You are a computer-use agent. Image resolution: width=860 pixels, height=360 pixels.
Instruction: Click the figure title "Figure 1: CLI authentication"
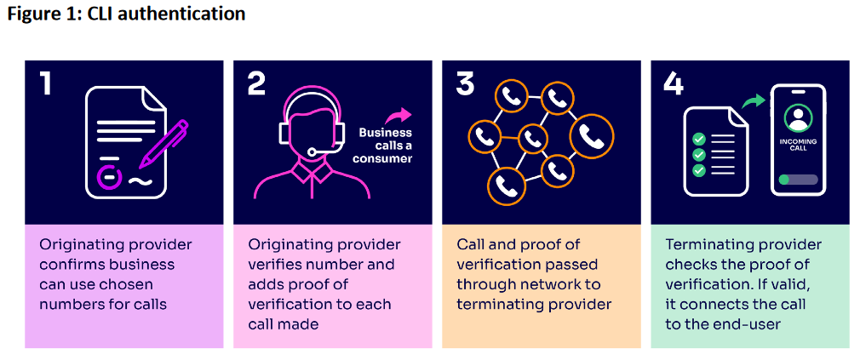point(127,14)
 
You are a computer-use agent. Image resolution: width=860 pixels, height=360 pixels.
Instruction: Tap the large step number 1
point(48,83)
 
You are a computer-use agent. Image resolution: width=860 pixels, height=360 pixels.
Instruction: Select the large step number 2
point(256,83)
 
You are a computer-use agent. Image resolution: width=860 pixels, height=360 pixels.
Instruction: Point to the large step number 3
point(465,83)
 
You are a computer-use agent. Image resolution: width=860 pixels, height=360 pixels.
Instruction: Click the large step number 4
point(674,83)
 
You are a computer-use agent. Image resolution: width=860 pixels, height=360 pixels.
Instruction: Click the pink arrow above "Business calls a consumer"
point(396,115)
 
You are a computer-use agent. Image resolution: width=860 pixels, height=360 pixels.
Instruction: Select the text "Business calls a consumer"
point(384,146)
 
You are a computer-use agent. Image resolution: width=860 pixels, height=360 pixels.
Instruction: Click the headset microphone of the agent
point(314,151)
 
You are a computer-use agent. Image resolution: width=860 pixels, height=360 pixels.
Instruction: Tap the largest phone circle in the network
point(590,135)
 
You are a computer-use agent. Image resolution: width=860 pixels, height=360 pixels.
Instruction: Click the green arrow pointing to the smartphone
point(752,102)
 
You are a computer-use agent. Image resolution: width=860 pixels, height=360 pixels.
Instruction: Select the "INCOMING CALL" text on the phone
point(798,145)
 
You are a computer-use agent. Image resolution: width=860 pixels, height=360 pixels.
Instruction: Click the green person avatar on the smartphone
point(798,115)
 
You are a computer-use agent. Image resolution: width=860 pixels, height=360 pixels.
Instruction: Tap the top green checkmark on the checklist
point(699,139)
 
